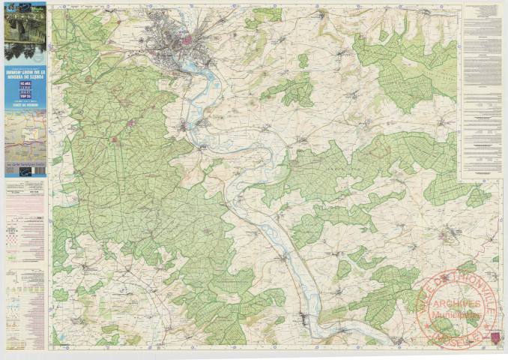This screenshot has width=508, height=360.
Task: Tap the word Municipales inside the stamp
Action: pyautogui.click(x=457, y=315)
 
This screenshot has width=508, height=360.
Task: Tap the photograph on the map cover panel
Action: pyautogui.click(x=25, y=31)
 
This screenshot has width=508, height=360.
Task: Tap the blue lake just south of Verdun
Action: pyautogui.click(x=196, y=67)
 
